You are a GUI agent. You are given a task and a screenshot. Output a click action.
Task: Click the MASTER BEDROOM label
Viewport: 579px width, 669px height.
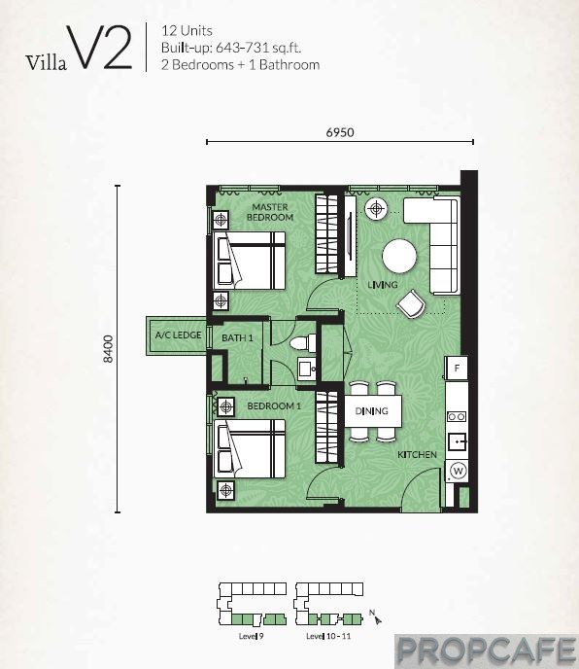[270, 212]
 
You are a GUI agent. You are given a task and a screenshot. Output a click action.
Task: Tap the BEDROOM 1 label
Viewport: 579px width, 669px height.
[274, 405]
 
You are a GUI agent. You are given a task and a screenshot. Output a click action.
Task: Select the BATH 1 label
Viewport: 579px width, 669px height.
[237, 338]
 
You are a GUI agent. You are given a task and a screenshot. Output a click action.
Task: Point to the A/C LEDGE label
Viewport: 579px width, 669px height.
[178, 334]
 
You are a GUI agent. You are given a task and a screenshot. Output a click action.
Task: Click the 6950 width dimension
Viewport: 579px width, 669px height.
[340, 132]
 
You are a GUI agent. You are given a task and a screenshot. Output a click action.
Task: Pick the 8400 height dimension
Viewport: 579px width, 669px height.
[109, 349]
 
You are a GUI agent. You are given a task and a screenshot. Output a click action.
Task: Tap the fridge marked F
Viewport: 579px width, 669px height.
[457, 368]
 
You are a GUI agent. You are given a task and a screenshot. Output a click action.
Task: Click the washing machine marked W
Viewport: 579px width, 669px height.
[458, 471]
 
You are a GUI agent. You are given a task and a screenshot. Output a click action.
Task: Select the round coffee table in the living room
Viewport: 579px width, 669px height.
[399, 256]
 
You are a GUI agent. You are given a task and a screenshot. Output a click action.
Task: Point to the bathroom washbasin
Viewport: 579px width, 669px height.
[307, 369]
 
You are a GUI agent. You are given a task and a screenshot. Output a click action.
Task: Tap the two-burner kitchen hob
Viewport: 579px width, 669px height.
[457, 416]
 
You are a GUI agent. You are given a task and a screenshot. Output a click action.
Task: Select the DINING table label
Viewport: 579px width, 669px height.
[372, 411]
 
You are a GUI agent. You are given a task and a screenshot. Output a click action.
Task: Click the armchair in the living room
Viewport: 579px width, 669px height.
[411, 303]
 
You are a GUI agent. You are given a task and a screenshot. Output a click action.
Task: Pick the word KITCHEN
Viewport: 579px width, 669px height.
[417, 455]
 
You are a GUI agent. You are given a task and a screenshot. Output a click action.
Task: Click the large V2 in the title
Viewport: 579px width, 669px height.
[99, 47]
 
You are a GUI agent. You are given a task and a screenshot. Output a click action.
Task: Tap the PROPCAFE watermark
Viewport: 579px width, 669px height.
[487, 651]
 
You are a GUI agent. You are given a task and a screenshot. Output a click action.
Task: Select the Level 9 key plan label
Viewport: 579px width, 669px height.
[252, 636]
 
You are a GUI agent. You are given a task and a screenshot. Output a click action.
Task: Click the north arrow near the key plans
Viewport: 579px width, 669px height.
[376, 617]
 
